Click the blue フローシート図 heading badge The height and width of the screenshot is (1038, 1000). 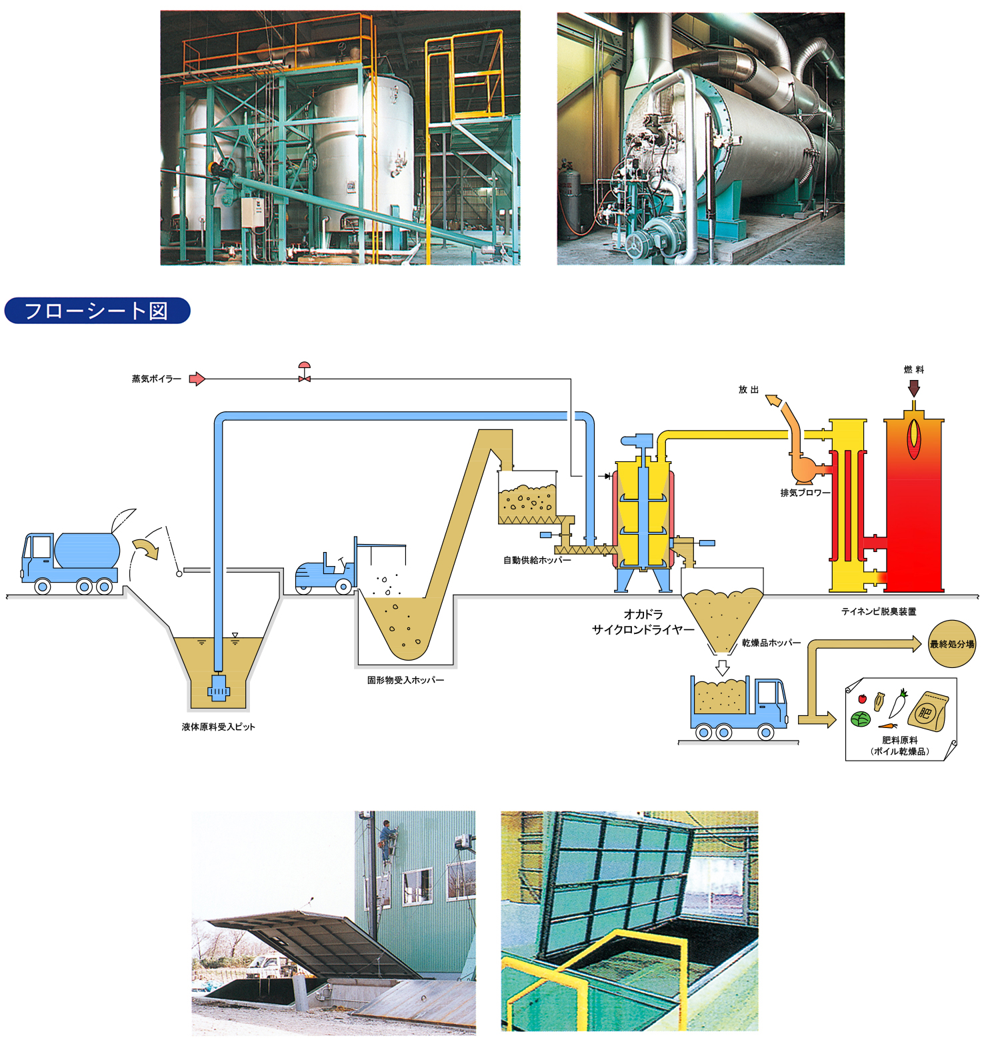point(97,311)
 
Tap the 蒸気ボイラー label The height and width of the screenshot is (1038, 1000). point(156,379)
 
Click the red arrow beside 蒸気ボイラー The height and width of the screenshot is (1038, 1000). point(197,379)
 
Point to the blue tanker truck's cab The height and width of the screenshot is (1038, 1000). point(37,557)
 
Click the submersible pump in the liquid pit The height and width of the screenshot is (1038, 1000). point(218,687)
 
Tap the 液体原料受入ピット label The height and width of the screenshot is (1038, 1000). point(218,727)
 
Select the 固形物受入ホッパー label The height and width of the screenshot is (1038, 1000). point(405,680)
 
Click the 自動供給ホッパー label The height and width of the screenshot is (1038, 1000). point(537,560)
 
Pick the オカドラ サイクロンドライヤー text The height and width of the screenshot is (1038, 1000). point(643,622)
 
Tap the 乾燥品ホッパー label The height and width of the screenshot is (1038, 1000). point(771,643)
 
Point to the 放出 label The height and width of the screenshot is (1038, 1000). point(748,390)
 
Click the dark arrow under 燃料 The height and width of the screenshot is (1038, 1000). point(914,388)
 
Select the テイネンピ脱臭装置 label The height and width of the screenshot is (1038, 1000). point(879,611)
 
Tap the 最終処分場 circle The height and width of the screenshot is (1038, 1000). point(952,644)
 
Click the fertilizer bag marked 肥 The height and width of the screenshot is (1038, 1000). point(928,711)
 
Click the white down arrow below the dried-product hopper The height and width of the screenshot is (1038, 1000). point(722,667)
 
